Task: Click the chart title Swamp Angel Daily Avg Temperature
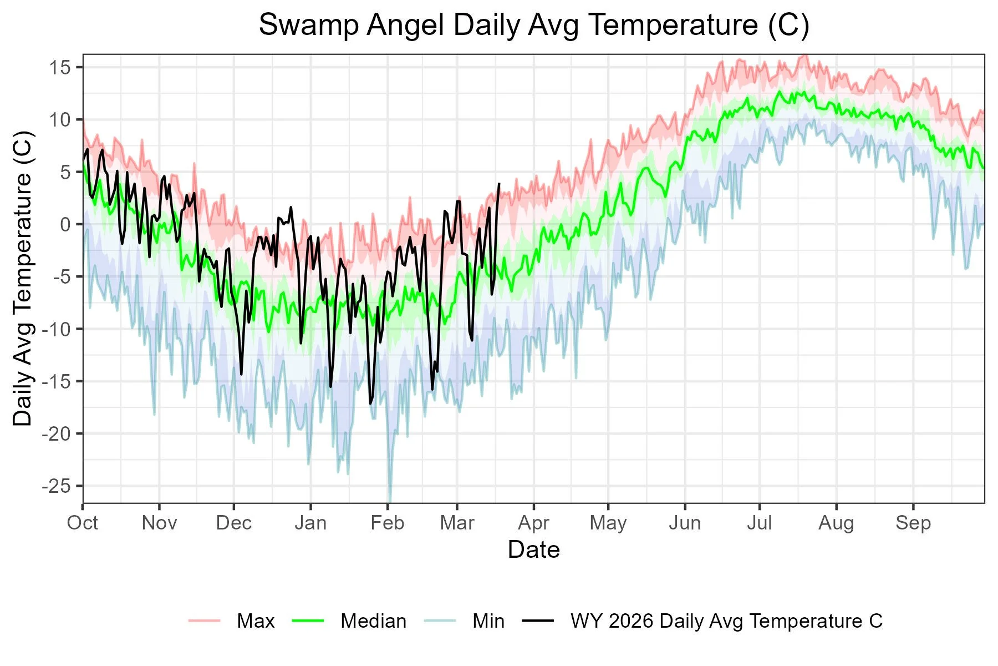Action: click(534, 25)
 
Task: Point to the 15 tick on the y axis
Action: click(60, 68)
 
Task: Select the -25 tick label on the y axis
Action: click(56, 486)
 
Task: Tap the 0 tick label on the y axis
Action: click(65, 225)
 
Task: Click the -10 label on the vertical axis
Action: click(56, 329)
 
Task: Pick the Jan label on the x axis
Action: click(310, 523)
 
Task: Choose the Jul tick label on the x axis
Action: click(759, 523)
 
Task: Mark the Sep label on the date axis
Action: click(913, 523)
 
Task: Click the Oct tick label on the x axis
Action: click(83, 523)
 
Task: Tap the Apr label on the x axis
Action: click(533, 523)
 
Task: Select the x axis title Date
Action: click(533, 549)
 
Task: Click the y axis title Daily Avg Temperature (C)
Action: click(23, 278)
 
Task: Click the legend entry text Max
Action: click(256, 621)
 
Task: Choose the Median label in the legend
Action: click(373, 621)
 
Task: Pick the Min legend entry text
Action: click(488, 621)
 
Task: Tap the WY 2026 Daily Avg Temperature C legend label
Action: click(726, 621)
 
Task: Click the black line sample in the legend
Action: click(538, 620)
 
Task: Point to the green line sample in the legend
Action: click(307, 620)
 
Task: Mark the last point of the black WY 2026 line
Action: click(499, 184)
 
